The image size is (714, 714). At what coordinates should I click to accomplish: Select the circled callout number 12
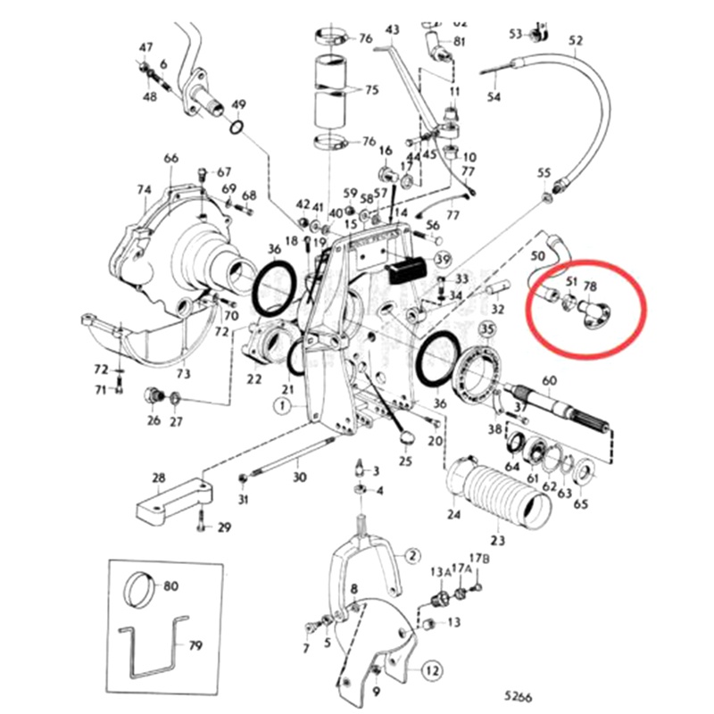pyautogui.click(x=432, y=670)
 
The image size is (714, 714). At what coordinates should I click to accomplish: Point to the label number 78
pyautogui.click(x=590, y=286)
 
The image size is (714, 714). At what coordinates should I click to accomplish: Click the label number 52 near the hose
pyautogui.click(x=575, y=40)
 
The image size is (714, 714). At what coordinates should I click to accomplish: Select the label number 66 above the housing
pyautogui.click(x=170, y=158)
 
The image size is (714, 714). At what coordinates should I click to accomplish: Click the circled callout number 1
pyautogui.click(x=284, y=405)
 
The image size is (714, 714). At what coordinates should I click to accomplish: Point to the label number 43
pyautogui.click(x=392, y=29)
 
